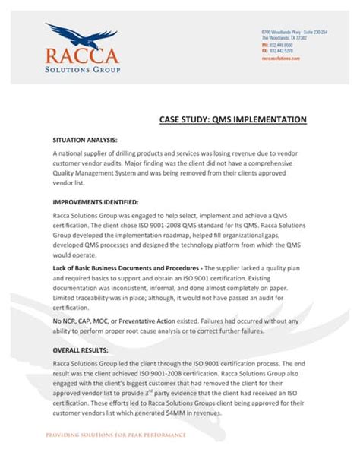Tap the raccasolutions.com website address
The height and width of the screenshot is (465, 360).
[x=280, y=58]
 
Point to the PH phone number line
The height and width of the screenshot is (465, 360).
[x=277, y=45]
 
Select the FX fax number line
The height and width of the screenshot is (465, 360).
[x=277, y=51]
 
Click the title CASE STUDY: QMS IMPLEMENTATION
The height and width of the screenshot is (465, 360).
[x=232, y=119]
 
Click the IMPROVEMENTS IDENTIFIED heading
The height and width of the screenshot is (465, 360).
[x=95, y=202]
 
